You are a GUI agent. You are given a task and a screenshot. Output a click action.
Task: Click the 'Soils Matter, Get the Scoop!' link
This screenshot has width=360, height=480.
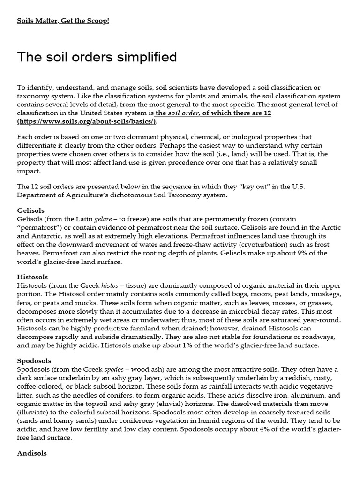[63, 21]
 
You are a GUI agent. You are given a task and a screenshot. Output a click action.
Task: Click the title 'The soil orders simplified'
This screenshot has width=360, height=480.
[97, 57]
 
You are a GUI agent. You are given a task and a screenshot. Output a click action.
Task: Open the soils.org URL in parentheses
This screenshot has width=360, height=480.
[87, 121]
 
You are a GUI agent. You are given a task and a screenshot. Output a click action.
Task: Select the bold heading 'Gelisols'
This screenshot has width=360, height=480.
[31, 210]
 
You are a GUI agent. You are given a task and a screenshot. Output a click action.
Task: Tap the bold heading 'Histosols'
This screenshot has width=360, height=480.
[33, 277]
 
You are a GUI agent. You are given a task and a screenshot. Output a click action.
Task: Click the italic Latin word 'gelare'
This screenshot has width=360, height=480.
[103, 219]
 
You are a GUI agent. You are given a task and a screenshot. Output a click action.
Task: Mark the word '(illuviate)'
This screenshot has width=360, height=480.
[36, 412]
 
